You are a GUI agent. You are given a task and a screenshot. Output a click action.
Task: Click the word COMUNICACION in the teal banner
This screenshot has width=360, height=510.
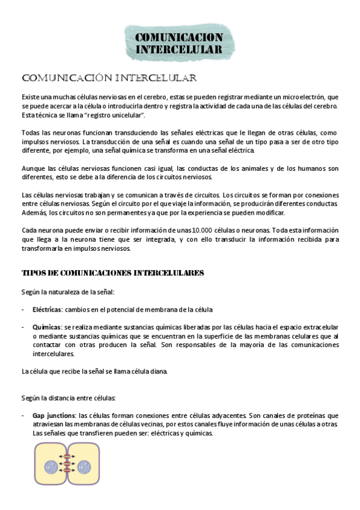point(179,38)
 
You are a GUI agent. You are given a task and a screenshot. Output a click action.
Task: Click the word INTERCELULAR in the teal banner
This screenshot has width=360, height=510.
point(179,49)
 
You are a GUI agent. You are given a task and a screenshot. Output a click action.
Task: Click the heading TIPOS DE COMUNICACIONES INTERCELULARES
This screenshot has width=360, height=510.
point(113,273)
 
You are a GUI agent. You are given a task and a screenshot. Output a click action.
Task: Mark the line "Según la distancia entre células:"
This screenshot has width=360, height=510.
point(69,398)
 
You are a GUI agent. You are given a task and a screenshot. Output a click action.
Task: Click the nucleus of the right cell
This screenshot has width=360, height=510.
point(83,467)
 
